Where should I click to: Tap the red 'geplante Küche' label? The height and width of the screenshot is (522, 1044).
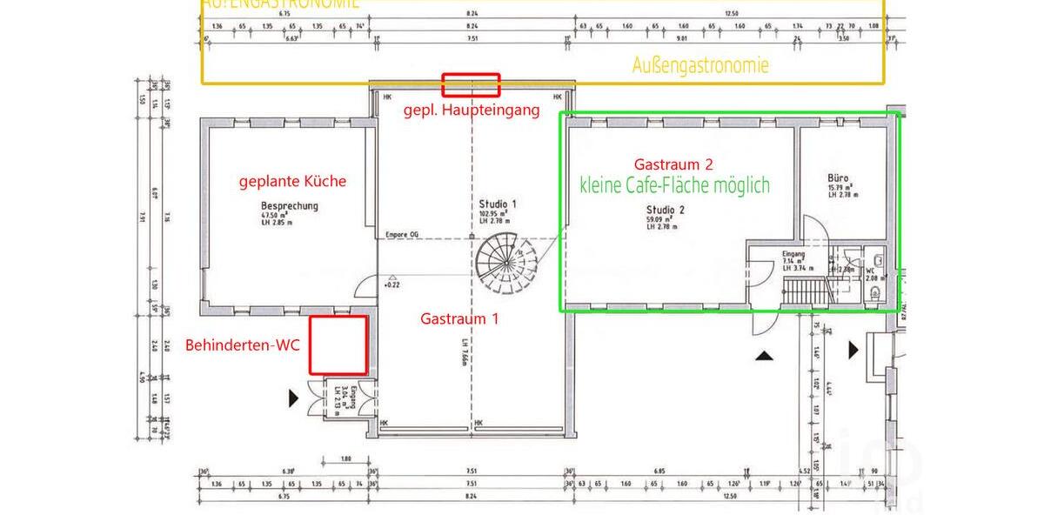(x=292, y=182)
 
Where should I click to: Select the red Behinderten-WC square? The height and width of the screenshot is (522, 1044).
(x=339, y=345)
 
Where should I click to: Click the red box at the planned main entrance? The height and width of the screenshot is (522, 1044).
(x=471, y=84)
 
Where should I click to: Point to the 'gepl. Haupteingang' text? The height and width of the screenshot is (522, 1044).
(x=471, y=110)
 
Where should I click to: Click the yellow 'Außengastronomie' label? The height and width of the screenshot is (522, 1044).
(x=700, y=65)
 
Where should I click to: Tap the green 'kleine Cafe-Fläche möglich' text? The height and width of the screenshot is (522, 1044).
(x=674, y=184)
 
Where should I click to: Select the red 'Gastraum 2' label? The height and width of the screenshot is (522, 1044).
(x=674, y=164)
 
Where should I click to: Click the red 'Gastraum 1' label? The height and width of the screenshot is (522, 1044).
(x=459, y=319)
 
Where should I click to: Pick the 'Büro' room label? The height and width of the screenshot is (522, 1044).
(x=838, y=177)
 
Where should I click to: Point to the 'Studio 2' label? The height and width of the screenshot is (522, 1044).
(x=666, y=209)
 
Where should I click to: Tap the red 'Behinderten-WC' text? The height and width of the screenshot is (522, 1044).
(x=243, y=345)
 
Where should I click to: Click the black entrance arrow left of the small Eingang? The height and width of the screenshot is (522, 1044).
(x=294, y=398)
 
